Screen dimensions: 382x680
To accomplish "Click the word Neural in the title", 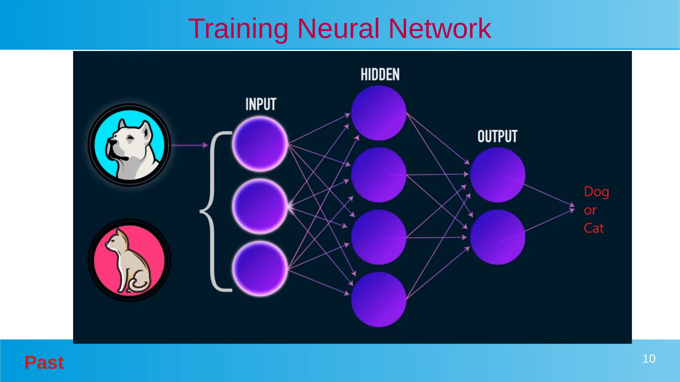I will point(338,29).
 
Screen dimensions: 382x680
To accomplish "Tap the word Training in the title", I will point(238,29).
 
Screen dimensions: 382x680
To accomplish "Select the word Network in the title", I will point(440,29).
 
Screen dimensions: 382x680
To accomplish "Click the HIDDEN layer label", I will point(380,75).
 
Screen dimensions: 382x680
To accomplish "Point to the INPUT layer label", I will point(261,104).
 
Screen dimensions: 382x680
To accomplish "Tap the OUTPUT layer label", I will point(497,136).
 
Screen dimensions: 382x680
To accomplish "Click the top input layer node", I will point(260,144).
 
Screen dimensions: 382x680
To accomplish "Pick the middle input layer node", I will point(260,206).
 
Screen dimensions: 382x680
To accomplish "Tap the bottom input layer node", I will point(260,269).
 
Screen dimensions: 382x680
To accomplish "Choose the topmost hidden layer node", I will point(379,113).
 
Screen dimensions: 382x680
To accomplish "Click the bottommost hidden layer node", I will point(379,299).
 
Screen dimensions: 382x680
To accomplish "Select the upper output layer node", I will point(497,175).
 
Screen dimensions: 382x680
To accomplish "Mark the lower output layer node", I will point(497,237).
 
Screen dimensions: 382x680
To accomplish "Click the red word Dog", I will point(596,192).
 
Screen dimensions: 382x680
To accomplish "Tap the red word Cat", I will point(594,228).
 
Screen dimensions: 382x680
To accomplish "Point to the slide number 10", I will point(649,359).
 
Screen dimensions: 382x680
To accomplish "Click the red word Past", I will point(44,362).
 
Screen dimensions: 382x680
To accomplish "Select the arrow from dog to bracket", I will point(189,145).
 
